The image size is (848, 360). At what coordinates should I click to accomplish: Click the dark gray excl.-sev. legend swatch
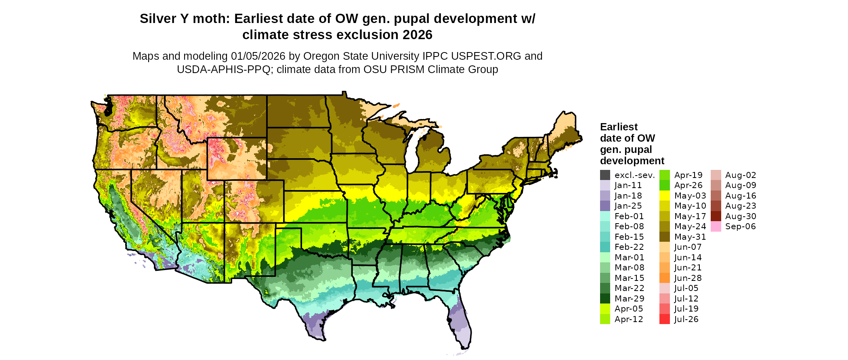point(605,175)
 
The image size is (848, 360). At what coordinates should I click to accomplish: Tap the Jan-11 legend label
point(628,185)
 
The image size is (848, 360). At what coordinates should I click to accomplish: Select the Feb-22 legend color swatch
point(605,247)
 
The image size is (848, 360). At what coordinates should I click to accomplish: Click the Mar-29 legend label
point(629,299)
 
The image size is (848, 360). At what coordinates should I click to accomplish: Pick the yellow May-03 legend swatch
point(664,196)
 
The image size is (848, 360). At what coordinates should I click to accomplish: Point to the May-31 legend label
point(690,237)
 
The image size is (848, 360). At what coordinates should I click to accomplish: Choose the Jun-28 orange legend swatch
point(664,278)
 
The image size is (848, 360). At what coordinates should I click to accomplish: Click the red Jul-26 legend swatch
point(664,319)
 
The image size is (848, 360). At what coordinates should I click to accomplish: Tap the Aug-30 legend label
point(740,216)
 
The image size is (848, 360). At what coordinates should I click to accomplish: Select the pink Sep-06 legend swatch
point(716,226)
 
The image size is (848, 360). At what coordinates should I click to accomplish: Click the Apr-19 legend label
point(688,175)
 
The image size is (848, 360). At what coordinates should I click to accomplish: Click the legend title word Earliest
point(619,127)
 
